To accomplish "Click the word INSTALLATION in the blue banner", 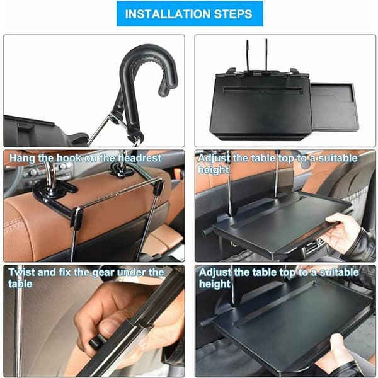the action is [x=168, y=14].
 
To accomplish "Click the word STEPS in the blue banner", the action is [x=233, y=14].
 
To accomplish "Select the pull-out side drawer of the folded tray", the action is [x=334, y=107].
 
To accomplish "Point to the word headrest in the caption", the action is [x=140, y=158].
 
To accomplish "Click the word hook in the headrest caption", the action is [x=69, y=158].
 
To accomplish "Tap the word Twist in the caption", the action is [x=21, y=272].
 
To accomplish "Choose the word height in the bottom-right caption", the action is [x=215, y=283].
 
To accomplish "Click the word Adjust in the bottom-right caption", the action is [x=215, y=273].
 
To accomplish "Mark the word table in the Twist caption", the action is [x=20, y=283].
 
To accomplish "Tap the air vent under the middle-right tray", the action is [x=312, y=246].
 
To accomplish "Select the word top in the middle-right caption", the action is [x=285, y=159].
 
